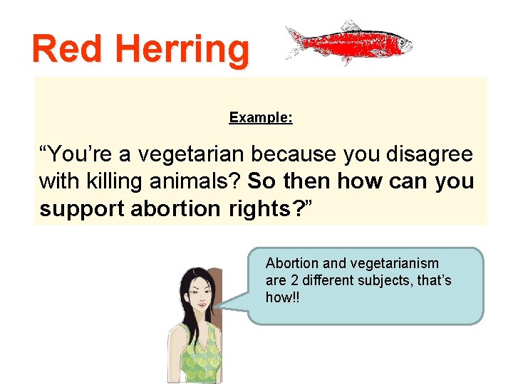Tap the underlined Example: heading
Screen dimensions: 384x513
point(261,117)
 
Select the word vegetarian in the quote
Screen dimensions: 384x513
point(202,154)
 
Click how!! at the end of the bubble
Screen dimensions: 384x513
point(283,297)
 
